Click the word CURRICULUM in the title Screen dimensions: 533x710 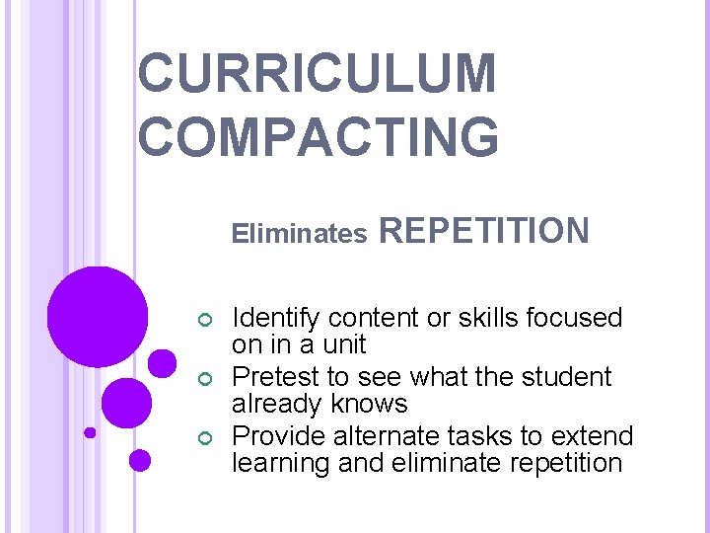pyautogui.click(x=318, y=75)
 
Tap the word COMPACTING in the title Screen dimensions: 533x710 pyautogui.click(x=318, y=135)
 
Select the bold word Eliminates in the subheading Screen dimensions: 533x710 pyautogui.click(x=299, y=234)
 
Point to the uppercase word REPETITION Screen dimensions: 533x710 pyautogui.click(x=484, y=231)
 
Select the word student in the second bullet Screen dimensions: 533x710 pyautogui.click(x=570, y=377)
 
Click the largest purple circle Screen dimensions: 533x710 pyautogui.click(x=97, y=316)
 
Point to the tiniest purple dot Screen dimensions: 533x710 pyautogui.click(x=90, y=432)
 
